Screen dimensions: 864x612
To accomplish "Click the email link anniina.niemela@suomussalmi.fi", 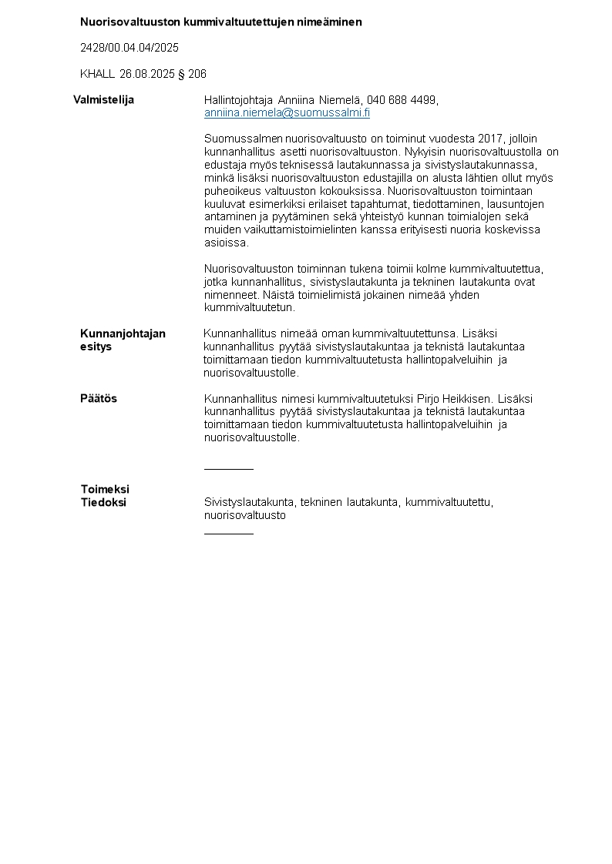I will click(x=287, y=113).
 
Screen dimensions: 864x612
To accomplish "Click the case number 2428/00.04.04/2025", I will click(x=129, y=48).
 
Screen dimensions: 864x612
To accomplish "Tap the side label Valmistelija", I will click(x=103, y=100).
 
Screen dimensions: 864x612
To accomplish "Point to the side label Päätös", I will click(x=99, y=399).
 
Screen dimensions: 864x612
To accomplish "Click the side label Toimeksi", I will click(x=105, y=489).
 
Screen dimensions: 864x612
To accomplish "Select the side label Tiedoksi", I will click(x=103, y=502).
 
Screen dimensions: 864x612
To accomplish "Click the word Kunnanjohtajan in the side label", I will click(x=123, y=333).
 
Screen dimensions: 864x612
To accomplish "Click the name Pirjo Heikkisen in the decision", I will click(x=455, y=399).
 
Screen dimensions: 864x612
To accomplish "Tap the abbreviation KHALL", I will click(x=97, y=74).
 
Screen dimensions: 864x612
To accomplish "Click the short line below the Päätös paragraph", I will click(x=228, y=468).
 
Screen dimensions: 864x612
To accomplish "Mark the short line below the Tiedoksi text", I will click(x=228, y=533).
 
